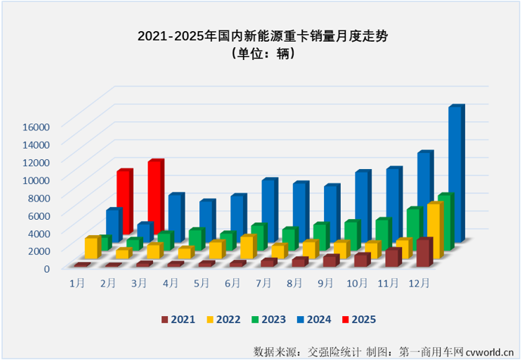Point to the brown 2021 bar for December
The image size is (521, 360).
[x=424, y=252]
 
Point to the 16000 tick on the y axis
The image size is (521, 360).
[x=35, y=127]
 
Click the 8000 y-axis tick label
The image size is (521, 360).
[x=38, y=197]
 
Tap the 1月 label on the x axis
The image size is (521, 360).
[x=76, y=283]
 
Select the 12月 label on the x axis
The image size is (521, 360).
[x=420, y=283]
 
